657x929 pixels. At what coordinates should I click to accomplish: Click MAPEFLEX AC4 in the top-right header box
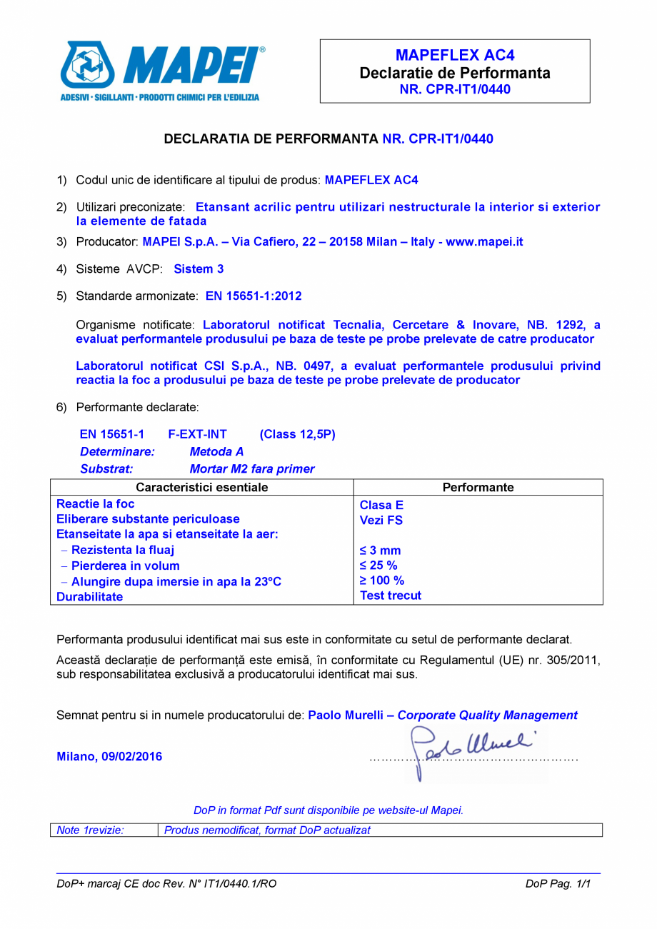(x=455, y=56)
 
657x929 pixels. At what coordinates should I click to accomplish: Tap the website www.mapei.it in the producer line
(x=484, y=242)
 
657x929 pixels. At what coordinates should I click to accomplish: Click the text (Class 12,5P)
(x=297, y=434)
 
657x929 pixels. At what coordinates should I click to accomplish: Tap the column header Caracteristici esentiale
(x=202, y=488)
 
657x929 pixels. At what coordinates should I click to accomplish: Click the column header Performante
(x=478, y=488)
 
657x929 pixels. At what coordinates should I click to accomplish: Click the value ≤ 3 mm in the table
(x=381, y=551)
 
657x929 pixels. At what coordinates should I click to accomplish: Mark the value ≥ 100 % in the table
(x=382, y=581)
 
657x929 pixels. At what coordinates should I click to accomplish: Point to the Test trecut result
(x=391, y=596)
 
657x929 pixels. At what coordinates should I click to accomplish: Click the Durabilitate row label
(x=90, y=597)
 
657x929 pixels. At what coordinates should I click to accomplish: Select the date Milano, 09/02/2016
(x=109, y=757)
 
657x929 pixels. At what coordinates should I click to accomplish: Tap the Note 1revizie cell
(x=91, y=830)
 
